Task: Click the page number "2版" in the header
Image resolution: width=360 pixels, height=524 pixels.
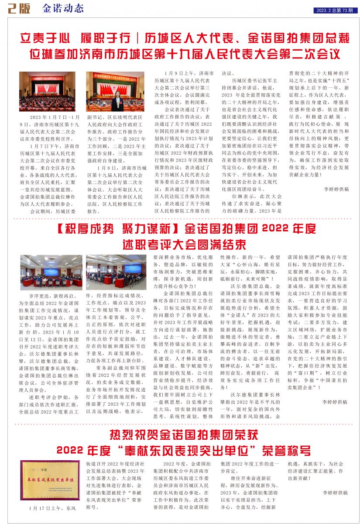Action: coord(19,9)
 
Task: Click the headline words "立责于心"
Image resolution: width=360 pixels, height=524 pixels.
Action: coord(46,38)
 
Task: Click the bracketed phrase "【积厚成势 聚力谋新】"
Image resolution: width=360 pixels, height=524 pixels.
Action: coord(116,228)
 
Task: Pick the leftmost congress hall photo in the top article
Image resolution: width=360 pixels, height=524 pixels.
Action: coord(41,92)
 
